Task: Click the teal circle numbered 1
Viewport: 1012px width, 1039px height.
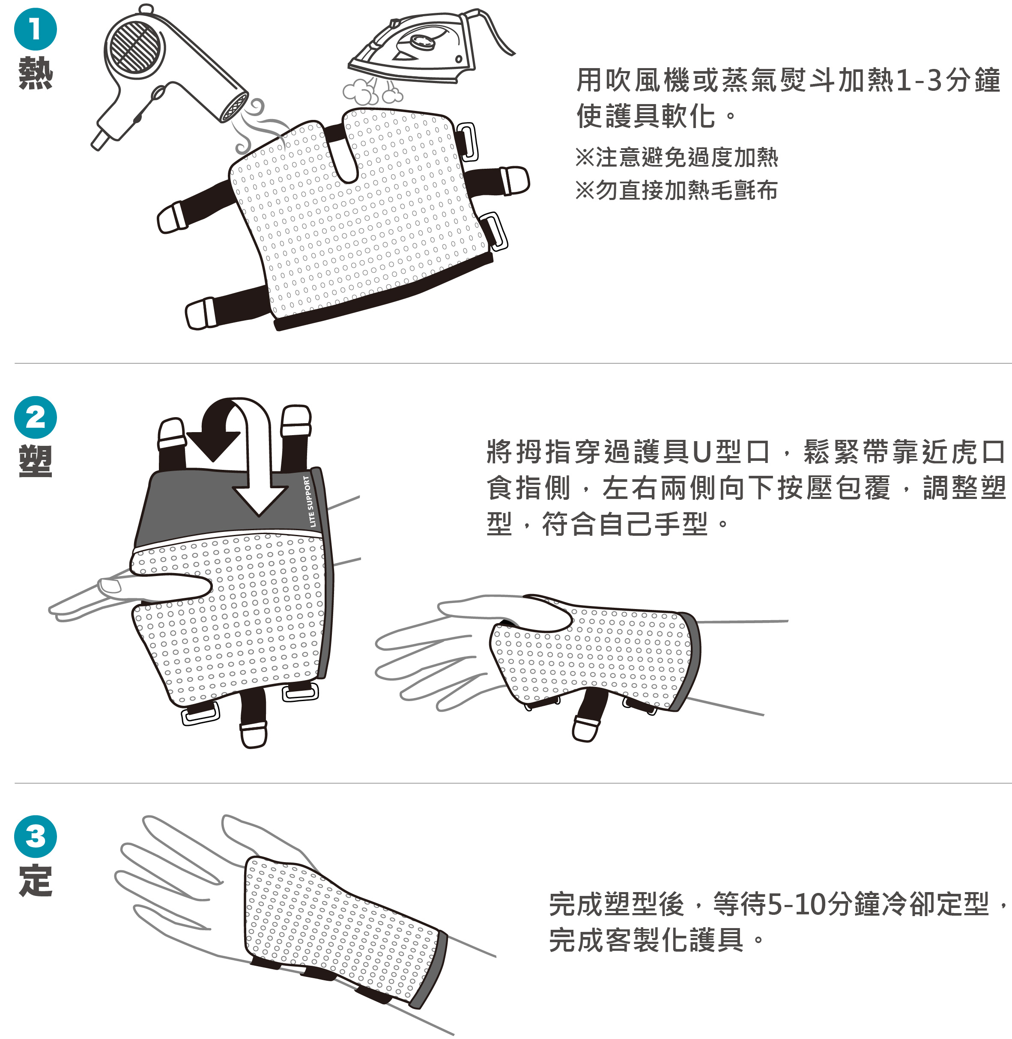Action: click(x=35, y=29)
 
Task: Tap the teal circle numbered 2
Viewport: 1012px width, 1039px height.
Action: click(x=35, y=417)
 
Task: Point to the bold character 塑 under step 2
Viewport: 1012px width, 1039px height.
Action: click(x=35, y=461)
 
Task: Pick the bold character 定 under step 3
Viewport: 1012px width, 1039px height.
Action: click(x=35, y=881)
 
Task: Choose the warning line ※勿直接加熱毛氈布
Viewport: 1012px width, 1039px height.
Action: click(x=677, y=190)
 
